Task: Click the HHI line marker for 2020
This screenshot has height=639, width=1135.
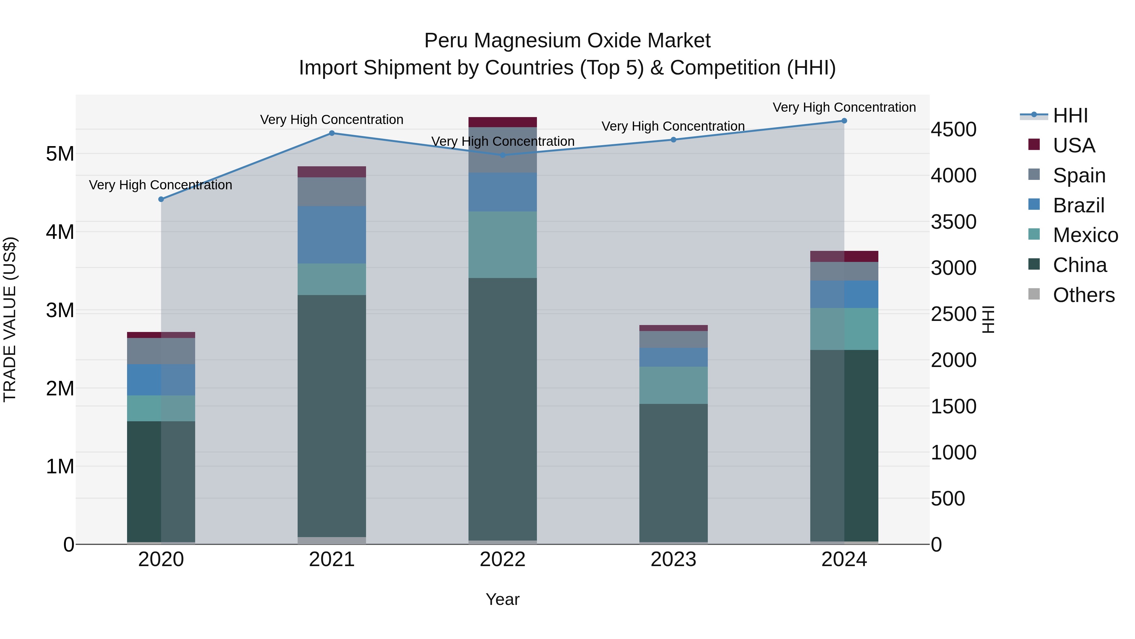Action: [161, 199]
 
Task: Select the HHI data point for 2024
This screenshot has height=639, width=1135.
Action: [844, 121]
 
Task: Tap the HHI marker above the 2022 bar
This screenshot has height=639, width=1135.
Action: [503, 155]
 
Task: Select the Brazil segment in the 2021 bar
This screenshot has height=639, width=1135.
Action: [332, 234]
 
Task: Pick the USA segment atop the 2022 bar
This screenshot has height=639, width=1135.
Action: [503, 122]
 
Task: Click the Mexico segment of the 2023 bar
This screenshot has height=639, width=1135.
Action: [673, 385]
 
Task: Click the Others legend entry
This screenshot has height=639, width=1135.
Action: [1083, 295]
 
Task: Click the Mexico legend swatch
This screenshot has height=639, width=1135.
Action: [1034, 234]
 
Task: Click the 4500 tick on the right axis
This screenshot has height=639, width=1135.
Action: [953, 130]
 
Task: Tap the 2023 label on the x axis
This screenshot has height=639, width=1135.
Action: [673, 559]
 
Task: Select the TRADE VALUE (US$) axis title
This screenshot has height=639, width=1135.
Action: [10, 319]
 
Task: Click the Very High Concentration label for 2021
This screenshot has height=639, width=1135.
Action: [331, 120]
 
